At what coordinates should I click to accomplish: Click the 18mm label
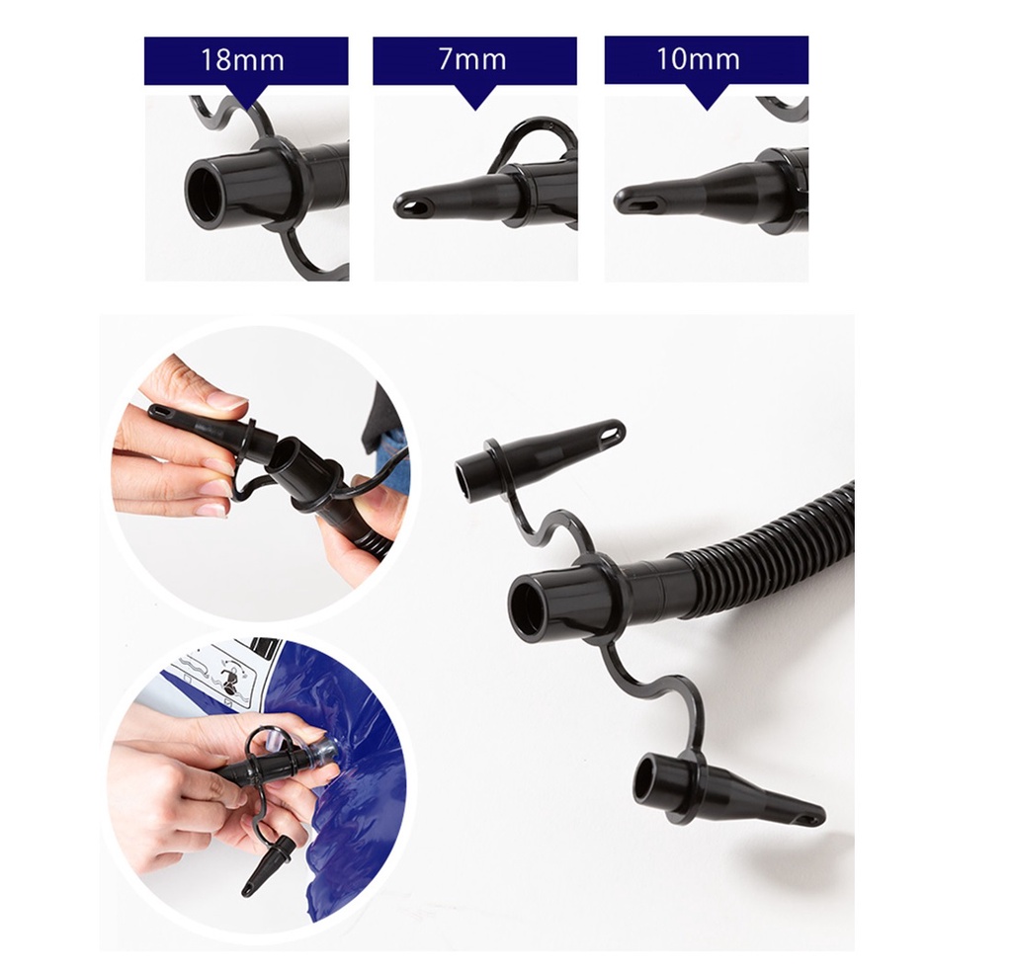pyautogui.click(x=242, y=60)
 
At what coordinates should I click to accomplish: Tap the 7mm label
pyautogui.click(x=472, y=59)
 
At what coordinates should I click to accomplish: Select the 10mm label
pyautogui.click(x=698, y=59)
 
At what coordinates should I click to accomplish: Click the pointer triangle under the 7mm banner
pyautogui.click(x=475, y=98)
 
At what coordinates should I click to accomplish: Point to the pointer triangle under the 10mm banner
pyautogui.click(x=707, y=97)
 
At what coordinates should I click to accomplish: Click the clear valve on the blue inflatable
pyautogui.click(x=323, y=753)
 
